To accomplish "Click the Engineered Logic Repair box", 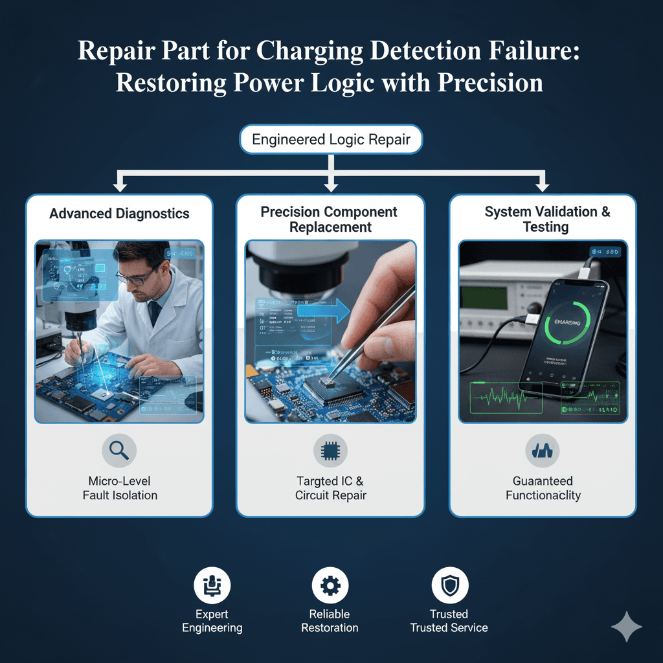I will [x=331, y=140].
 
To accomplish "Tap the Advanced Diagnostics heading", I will [x=119, y=214].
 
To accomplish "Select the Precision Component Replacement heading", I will [x=330, y=219].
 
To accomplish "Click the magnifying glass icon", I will [x=119, y=451].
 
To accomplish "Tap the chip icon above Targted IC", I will [x=330, y=451].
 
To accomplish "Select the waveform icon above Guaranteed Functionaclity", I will [x=542, y=451].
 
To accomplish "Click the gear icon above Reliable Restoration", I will [x=330, y=587].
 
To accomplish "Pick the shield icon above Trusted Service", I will [x=449, y=587].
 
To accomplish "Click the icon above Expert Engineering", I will [x=212, y=587].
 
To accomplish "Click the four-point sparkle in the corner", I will [x=626, y=627].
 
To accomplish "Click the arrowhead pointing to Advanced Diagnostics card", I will [x=119, y=186].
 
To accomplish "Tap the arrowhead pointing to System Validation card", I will [x=543, y=186].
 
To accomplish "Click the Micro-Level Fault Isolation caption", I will [x=120, y=489].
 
